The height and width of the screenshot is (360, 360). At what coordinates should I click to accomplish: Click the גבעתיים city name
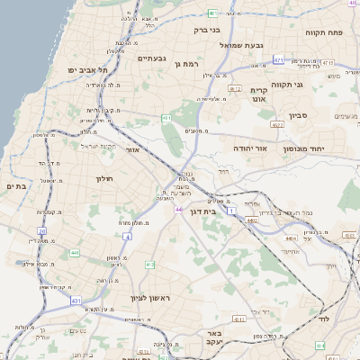click(x=152, y=60)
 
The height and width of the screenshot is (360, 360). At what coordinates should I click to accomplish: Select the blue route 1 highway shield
click(x=231, y=210)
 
